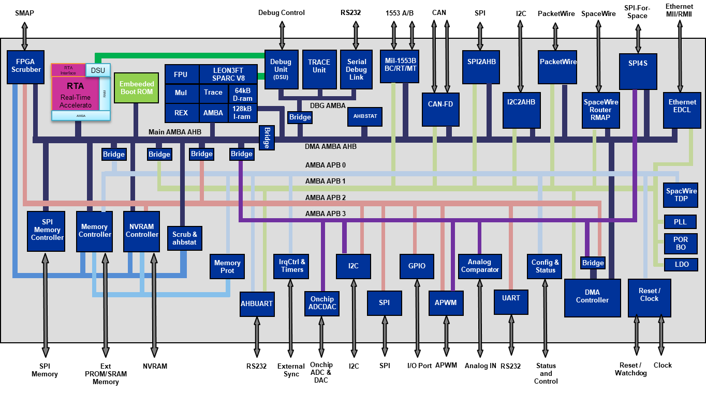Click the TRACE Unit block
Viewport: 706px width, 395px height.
[319, 69]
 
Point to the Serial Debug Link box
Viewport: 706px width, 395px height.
[356, 69]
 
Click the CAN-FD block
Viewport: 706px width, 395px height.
[440, 109]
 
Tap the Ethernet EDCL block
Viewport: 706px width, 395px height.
[682, 110]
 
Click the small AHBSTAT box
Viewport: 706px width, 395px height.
[365, 116]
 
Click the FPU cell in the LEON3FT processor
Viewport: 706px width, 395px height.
[181, 74]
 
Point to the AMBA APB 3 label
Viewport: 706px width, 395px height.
[325, 214]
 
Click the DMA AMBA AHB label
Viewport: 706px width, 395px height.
[330, 147]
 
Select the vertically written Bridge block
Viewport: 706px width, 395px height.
[267, 138]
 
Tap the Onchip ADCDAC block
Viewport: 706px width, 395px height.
[322, 303]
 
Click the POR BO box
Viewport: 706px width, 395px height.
[681, 244]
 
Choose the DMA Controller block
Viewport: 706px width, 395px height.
[592, 298]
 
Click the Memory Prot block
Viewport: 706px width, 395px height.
[227, 266]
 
